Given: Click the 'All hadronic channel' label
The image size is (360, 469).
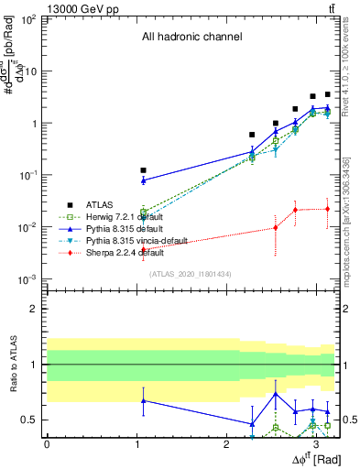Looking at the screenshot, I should (x=191, y=38).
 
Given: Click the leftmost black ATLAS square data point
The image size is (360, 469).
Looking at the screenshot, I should (x=143, y=170).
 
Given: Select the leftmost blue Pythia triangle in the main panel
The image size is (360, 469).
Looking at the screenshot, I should (x=143, y=180).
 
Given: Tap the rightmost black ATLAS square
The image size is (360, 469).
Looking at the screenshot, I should (x=327, y=94).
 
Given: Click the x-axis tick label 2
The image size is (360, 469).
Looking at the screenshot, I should (x=226, y=442).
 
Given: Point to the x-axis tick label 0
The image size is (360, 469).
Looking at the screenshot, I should (x=47, y=442).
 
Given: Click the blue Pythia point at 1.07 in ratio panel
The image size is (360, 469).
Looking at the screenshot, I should (x=143, y=400).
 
